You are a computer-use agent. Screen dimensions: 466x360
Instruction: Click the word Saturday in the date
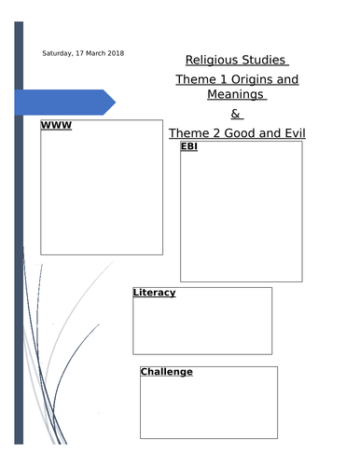[x=58, y=53]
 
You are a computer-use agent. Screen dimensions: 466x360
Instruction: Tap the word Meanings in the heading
[x=233, y=95]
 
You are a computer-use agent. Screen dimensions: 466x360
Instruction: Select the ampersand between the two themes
[x=235, y=114]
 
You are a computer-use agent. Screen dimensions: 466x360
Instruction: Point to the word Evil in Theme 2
[x=291, y=133]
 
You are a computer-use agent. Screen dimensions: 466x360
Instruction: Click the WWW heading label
[x=56, y=127]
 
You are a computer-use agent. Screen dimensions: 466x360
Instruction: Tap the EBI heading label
[x=189, y=147]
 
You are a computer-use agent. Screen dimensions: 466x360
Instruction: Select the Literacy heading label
[x=155, y=293]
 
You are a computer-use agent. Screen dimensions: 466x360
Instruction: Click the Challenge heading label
[x=167, y=372]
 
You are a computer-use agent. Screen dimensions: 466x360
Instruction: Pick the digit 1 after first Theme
[x=218, y=79]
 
